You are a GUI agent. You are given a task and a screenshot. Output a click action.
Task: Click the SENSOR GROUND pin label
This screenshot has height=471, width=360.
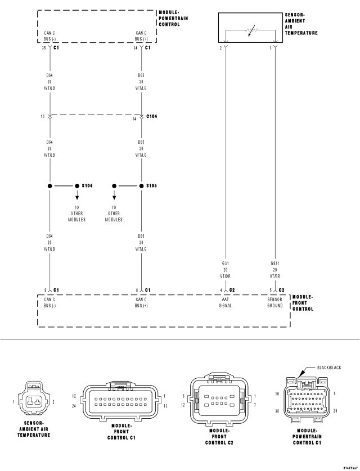pyautogui.click(x=275, y=302)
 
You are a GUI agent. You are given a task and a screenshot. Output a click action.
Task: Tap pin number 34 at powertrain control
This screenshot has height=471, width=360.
pyautogui.click(x=135, y=48)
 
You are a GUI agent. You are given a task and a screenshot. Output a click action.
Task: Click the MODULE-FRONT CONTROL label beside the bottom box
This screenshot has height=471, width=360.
pyautogui.click(x=303, y=302)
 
